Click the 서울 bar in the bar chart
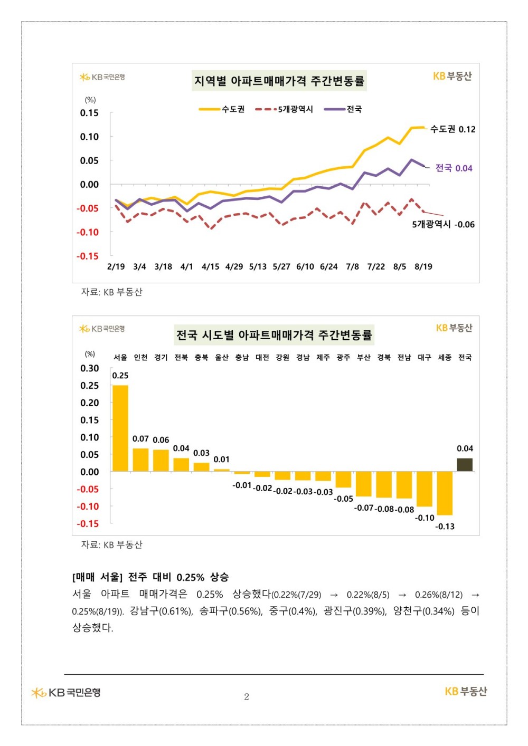(120, 428)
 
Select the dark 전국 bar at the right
(464, 465)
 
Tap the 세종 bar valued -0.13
(445, 493)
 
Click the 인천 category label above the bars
(140, 357)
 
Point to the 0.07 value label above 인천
(140, 438)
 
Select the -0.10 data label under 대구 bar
(425, 518)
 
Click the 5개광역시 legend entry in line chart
(284, 109)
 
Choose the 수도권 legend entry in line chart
(222, 109)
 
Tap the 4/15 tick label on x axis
(210, 266)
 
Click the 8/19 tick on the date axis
(423, 266)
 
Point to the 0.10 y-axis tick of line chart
(89, 137)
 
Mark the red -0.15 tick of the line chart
(88, 256)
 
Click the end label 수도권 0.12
(452, 129)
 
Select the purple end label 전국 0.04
(454, 168)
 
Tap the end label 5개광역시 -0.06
(444, 224)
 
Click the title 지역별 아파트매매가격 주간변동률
(279, 81)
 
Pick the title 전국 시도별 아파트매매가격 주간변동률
(274, 334)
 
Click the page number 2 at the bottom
(247, 697)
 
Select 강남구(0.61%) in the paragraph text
(162, 611)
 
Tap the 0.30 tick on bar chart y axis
(90, 368)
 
